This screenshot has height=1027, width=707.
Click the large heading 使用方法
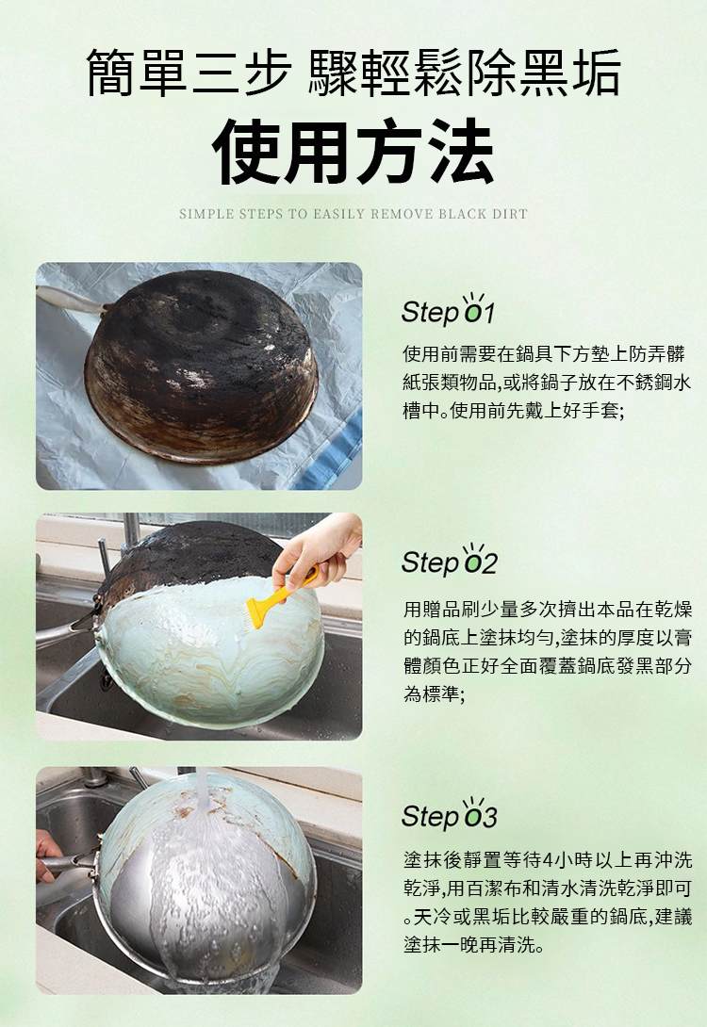pyautogui.click(x=353, y=152)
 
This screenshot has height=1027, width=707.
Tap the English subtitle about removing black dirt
pyautogui.click(x=353, y=214)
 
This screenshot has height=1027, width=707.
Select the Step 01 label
pyautogui.click(x=448, y=311)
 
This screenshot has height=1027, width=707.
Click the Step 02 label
pyautogui.click(x=450, y=562)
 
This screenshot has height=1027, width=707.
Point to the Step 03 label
pyautogui.click(x=450, y=815)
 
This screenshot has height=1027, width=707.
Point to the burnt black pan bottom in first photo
pyautogui.click(x=201, y=365)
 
